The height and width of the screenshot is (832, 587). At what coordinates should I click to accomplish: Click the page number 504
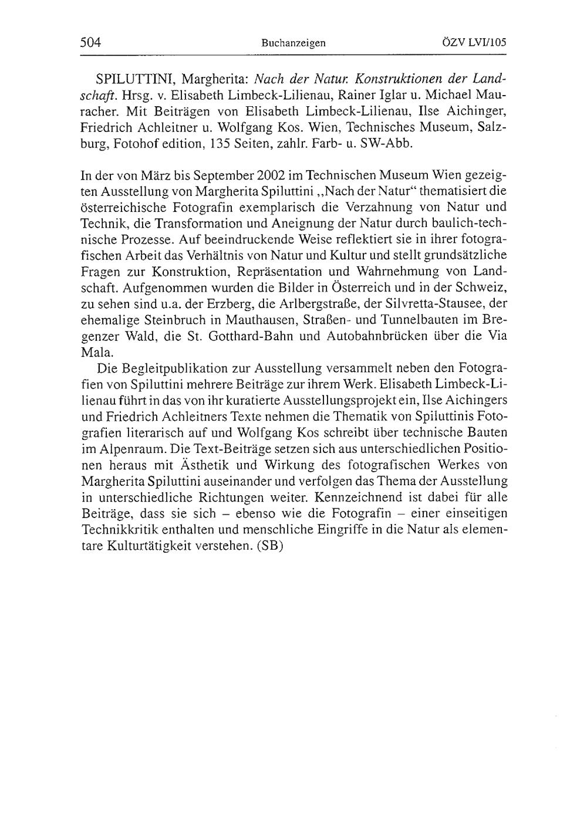click(x=90, y=42)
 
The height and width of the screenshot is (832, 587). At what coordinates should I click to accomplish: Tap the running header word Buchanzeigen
click(x=293, y=43)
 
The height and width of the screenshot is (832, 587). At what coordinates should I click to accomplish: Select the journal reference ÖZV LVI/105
click(x=474, y=42)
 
